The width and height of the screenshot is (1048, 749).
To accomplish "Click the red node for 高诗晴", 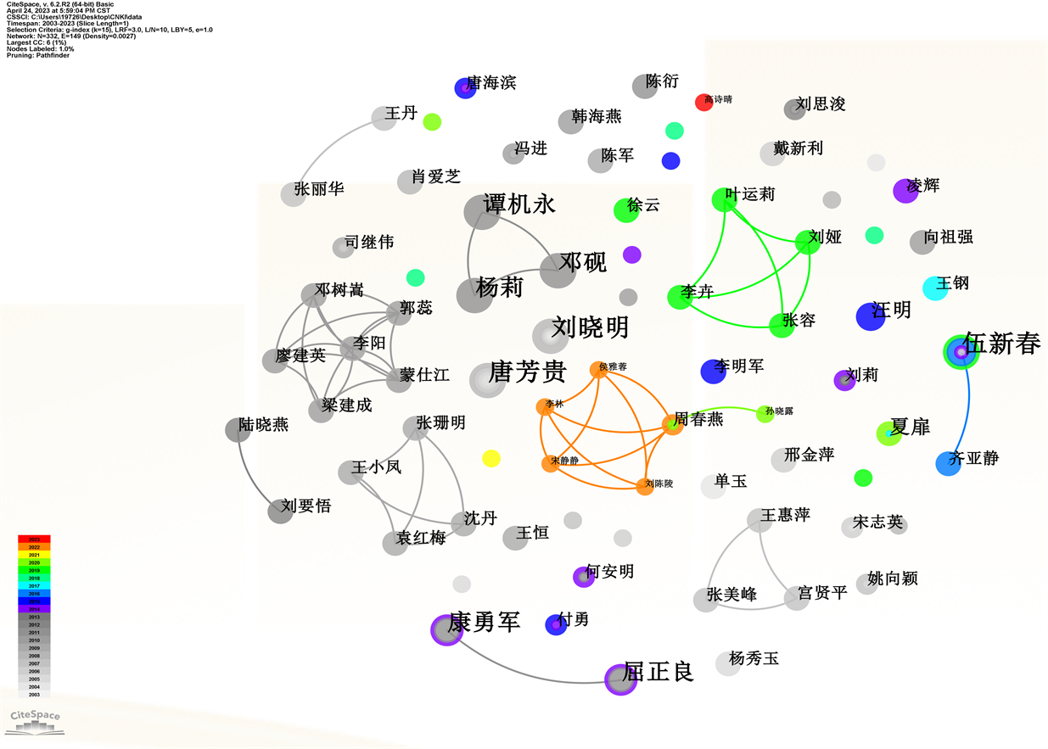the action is click(x=703, y=102).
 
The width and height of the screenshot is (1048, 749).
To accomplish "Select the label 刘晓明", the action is click(x=591, y=327).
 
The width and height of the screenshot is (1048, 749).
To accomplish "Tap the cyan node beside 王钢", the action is click(x=935, y=288).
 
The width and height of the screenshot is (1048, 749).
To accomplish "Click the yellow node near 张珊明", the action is click(x=490, y=459).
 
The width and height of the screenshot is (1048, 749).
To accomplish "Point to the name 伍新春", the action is click(x=1002, y=344).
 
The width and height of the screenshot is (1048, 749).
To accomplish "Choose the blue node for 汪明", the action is click(x=871, y=316).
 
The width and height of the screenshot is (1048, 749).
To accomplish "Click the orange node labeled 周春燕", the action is click(x=673, y=425).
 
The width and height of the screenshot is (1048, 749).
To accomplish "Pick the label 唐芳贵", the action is click(x=528, y=372).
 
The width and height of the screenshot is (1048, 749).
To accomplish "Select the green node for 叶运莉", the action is click(x=723, y=200).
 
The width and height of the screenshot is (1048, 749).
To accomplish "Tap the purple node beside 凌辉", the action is click(x=906, y=191).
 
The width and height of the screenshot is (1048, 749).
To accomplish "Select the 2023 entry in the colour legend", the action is click(x=35, y=539).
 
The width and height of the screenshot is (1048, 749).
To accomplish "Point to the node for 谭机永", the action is click(x=481, y=212).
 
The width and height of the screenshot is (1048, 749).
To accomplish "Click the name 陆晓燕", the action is click(x=263, y=424).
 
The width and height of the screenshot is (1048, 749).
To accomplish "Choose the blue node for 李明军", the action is click(x=712, y=371).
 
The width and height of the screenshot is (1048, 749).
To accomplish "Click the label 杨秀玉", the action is click(x=754, y=658).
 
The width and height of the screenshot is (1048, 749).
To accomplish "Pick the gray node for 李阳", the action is click(x=354, y=347).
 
